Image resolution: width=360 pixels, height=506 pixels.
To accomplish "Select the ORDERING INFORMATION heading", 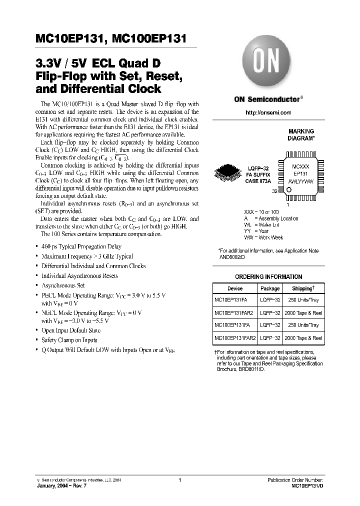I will pyautogui.click(x=268, y=276).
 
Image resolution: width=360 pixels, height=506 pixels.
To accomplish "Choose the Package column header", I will pyautogui.click(x=270, y=288).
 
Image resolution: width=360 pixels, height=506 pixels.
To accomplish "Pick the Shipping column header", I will pyautogui.click(x=303, y=288).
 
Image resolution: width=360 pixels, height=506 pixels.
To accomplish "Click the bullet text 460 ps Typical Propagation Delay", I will pyautogui.click(x=81, y=246).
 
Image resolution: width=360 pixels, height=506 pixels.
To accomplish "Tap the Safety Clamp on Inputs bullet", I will pyautogui.click(x=69, y=340).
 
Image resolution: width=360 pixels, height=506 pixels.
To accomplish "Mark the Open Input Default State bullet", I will pyautogui.click(x=71, y=330).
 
